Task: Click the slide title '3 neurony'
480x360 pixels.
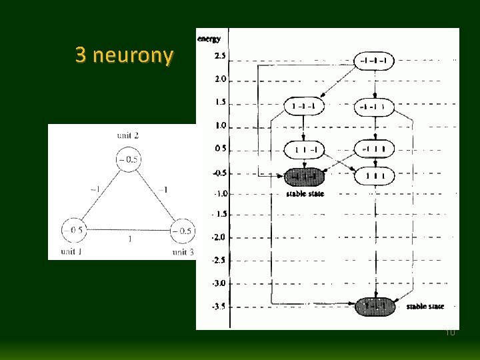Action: click(x=123, y=55)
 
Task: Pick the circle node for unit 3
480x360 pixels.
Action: click(x=181, y=231)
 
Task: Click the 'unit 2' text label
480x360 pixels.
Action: click(x=127, y=136)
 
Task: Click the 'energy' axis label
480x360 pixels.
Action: click(x=209, y=39)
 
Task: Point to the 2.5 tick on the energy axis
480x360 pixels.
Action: click(x=219, y=55)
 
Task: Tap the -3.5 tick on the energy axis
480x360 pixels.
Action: click(x=218, y=307)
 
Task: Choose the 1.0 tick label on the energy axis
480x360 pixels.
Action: click(x=219, y=125)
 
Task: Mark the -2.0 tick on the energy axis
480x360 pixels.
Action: click(x=218, y=237)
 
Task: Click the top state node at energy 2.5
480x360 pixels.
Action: click(x=375, y=60)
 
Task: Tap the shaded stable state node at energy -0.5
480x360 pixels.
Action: click(x=304, y=177)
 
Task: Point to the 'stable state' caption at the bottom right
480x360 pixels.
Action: click(x=425, y=307)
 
